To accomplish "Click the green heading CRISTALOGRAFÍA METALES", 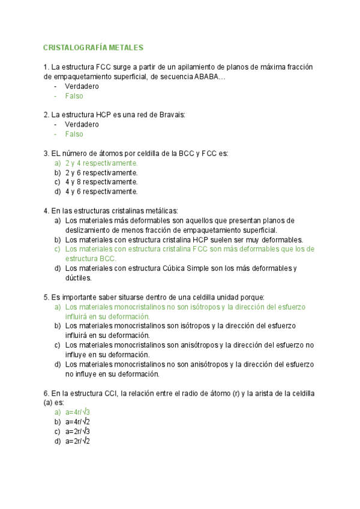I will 94,47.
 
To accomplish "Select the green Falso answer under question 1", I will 74,95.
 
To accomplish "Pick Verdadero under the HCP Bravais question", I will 82,124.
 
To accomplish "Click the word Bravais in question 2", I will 170,115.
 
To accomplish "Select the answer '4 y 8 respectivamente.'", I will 101,182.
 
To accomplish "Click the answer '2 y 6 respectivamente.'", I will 101,172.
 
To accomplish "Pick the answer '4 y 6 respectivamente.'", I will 101,191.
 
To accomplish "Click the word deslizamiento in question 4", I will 88,230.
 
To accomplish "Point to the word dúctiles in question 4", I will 79,278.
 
